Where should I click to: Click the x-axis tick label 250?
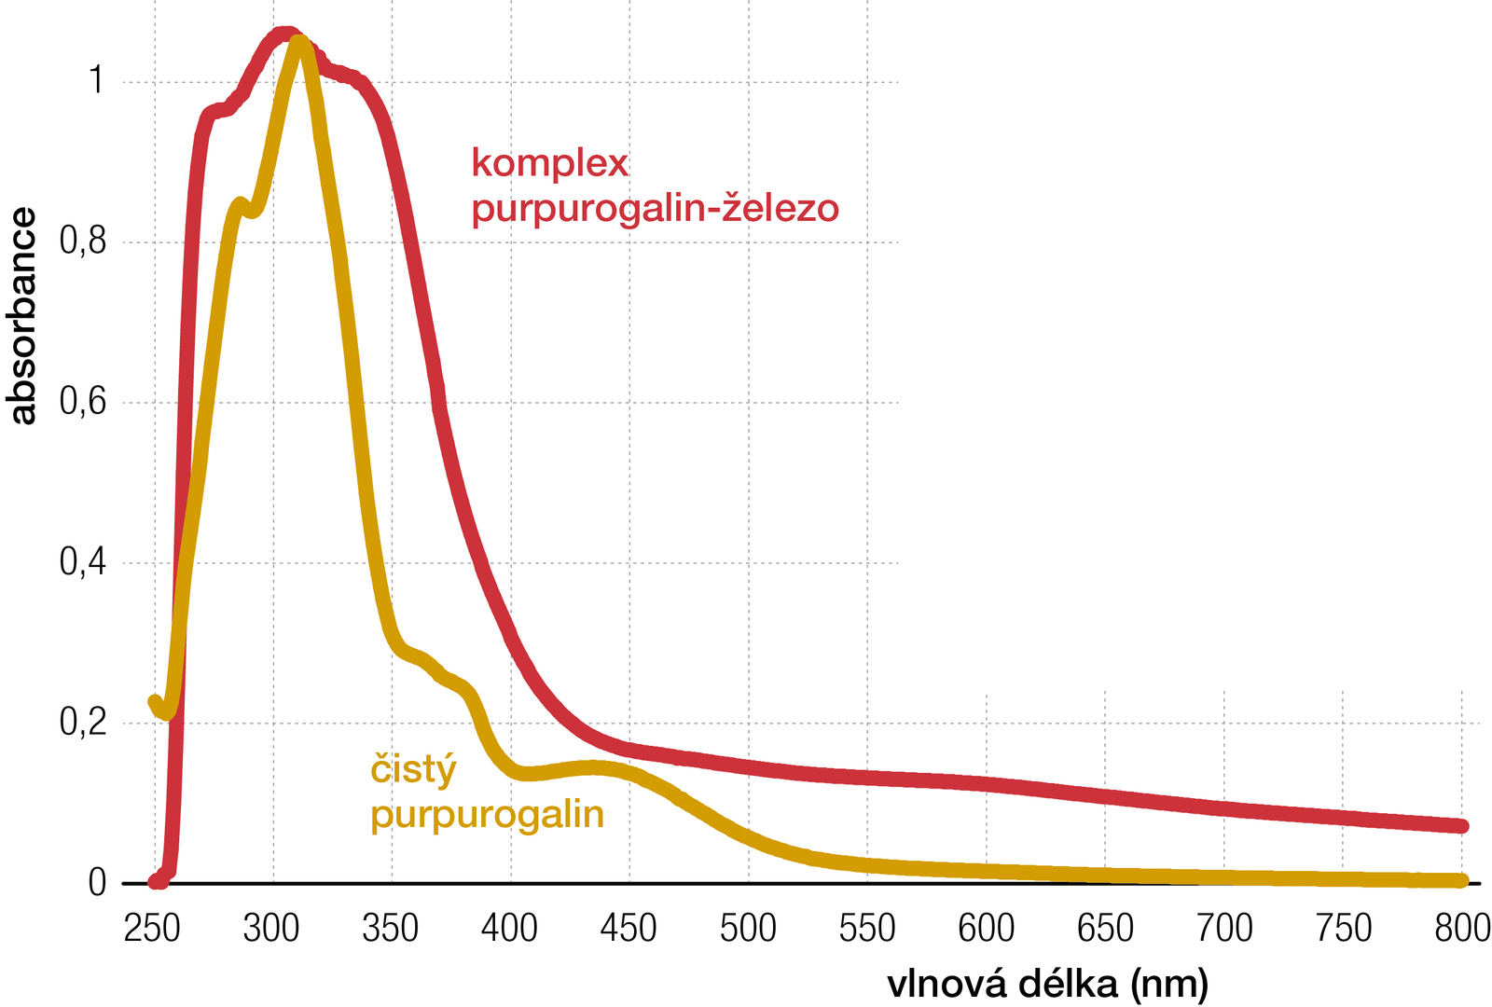click(x=152, y=929)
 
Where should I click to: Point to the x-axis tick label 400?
click(x=509, y=929)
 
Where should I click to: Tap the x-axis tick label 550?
click(x=867, y=929)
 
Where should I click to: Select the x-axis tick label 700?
click(x=1224, y=929)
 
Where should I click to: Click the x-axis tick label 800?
click(x=1462, y=929)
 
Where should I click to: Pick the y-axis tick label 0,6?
click(x=83, y=403)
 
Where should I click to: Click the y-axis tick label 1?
click(x=96, y=82)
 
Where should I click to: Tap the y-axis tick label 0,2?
click(x=83, y=723)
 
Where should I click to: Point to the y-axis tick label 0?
click(x=97, y=883)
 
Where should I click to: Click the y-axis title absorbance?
click(x=22, y=316)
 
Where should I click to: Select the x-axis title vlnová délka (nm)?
click(x=1047, y=984)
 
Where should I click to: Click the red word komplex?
click(x=550, y=163)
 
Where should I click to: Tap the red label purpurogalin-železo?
click(x=655, y=208)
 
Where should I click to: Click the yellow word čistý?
click(x=414, y=771)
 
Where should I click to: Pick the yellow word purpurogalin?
click(x=487, y=816)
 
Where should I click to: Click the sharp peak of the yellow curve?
click(x=297, y=42)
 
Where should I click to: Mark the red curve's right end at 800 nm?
click(x=1461, y=826)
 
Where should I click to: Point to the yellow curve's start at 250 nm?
click(x=156, y=702)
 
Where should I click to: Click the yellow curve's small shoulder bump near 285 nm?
click(x=240, y=203)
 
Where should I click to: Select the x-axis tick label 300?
click(x=271, y=929)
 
